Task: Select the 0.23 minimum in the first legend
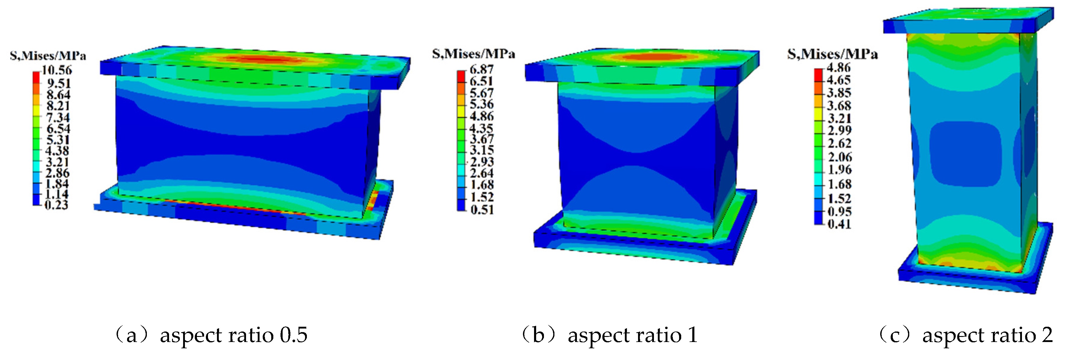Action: pos(56,205)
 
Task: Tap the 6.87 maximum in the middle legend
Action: pos(482,70)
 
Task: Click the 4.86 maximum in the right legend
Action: pos(839,68)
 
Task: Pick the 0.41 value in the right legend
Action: pos(839,224)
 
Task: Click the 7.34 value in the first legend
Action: pos(58,118)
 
